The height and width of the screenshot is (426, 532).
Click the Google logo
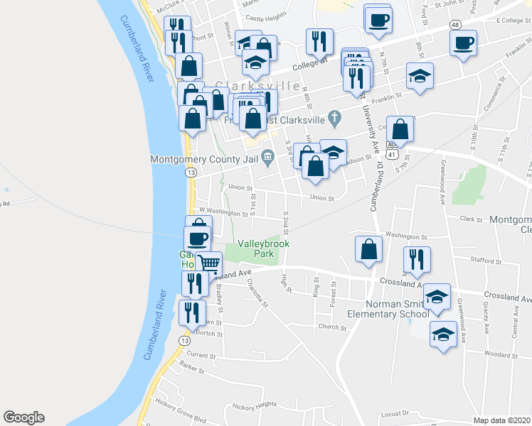click(23, 417)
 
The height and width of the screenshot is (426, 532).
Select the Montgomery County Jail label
click(204, 159)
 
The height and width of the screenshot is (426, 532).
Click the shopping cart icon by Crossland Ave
click(209, 264)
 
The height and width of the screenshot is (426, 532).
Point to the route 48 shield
click(454, 25)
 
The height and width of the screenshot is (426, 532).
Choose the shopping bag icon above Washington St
click(368, 250)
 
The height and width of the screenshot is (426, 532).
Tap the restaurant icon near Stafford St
click(415, 260)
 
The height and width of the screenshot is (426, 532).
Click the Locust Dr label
click(397, 413)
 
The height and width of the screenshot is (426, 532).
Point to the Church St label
click(331, 327)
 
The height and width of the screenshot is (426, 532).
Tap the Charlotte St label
click(257, 293)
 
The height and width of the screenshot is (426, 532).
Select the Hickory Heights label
click(253, 405)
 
